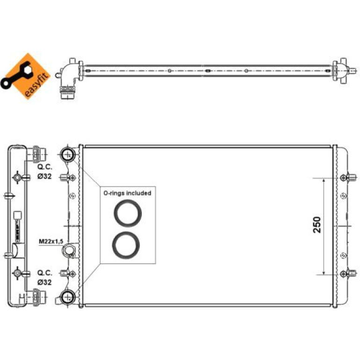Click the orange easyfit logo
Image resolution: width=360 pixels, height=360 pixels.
click(x=26, y=76)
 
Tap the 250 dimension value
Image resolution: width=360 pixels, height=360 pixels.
click(x=317, y=225)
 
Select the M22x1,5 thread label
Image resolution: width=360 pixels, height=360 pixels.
click(x=50, y=242)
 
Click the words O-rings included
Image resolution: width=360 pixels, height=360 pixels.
click(x=128, y=193)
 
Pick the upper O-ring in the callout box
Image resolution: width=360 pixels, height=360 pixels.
click(x=128, y=213)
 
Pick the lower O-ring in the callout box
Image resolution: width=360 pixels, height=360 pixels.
click(x=126, y=245)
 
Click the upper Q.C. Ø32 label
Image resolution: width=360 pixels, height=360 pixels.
click(x=45, y=172)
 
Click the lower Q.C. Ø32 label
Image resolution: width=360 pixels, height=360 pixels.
click(x=45, y=277)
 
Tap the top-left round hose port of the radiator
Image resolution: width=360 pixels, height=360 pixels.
click(x=68, y=154)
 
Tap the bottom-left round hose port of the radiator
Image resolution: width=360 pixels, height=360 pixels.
click(x=68, y=297)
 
